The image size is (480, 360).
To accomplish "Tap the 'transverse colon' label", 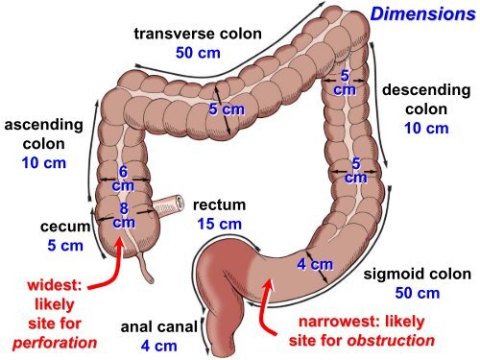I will (198, 34).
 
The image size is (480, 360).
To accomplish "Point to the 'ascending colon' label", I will (44, 133).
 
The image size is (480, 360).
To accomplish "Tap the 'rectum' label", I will (219, 205).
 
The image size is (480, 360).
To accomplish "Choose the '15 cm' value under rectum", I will (219, 224).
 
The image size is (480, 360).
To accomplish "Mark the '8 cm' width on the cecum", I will (124, 214).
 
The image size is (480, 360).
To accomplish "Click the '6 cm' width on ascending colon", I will (123, 178).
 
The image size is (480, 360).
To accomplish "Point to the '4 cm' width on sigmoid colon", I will (314, 264).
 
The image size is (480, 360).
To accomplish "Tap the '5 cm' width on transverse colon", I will (227, 109).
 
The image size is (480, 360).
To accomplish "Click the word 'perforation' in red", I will (55, 342).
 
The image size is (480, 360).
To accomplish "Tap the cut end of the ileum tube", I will (180, 203).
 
